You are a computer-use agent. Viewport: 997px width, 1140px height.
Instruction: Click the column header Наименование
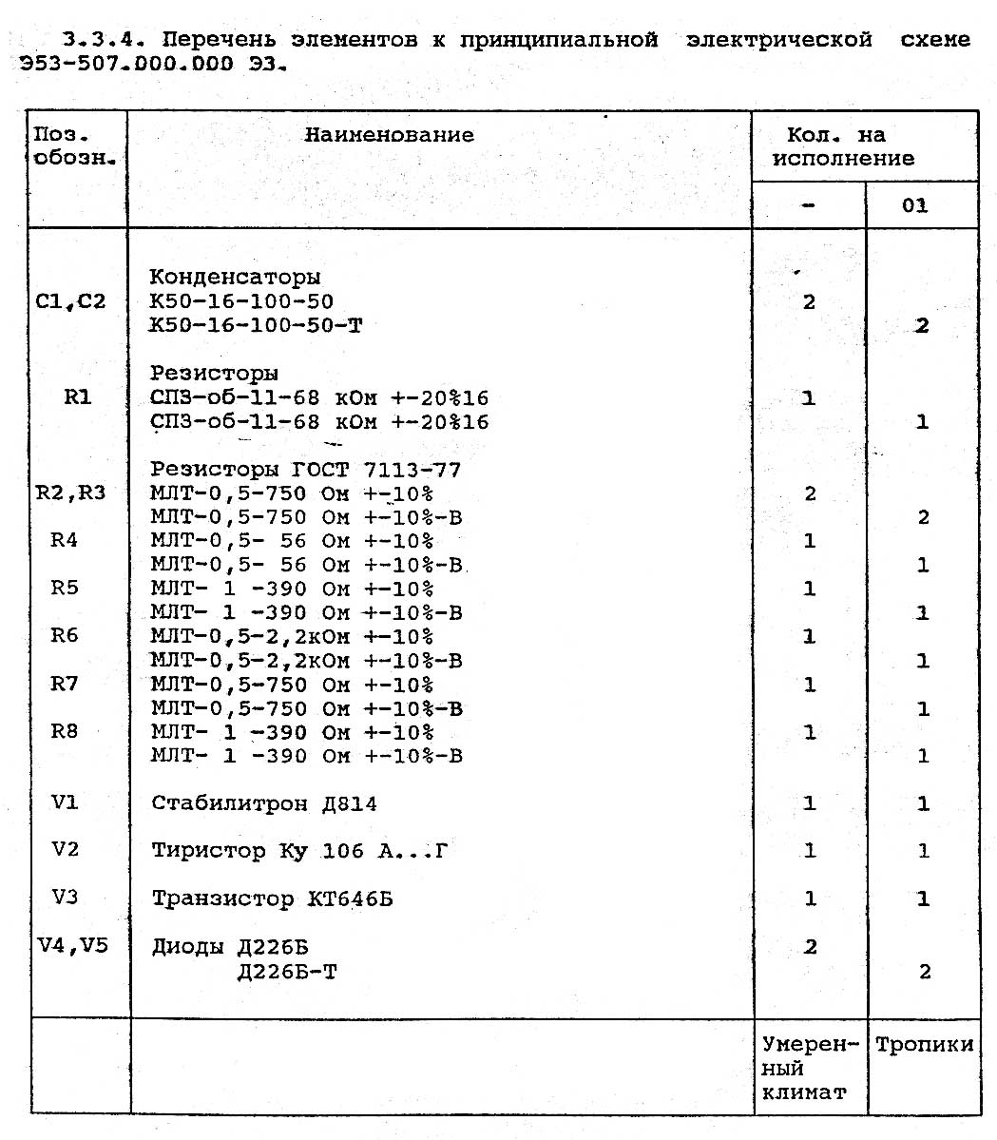pos(389,135)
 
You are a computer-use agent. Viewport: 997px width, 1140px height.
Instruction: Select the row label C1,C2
pos(70,301)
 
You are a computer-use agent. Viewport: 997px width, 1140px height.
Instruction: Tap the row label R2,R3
pos(70,493)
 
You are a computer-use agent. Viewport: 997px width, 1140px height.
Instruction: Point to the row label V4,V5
pos(72,946)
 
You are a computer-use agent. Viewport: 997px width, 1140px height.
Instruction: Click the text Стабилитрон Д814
pos(264,803)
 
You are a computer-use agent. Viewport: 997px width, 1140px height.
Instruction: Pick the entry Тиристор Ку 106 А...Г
pos(299,851)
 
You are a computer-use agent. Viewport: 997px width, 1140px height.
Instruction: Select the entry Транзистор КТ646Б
pos(273,898)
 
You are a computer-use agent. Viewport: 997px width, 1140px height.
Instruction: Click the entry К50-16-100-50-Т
pos(256,326)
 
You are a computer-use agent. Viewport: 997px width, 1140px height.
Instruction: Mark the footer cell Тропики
pos(924,1045)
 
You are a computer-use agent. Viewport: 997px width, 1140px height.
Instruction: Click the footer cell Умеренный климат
pos(809,1069)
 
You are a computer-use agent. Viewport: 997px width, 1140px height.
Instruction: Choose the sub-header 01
pos(914,205)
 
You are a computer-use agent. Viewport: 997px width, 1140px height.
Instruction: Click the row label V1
pos(65,802)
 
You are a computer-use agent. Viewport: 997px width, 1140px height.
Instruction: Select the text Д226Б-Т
pos(287,972)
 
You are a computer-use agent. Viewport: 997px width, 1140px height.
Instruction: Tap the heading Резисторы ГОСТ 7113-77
pos(305,470)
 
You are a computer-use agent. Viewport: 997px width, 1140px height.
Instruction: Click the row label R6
pos(65,635)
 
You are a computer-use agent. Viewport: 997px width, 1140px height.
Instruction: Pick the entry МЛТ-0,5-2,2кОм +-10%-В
pos(306,661)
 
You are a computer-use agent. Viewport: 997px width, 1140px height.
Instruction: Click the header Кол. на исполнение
pos(843,146)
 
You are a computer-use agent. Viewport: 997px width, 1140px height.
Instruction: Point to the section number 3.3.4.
pos(103,40)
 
